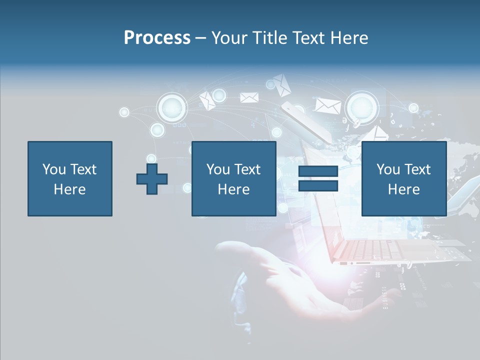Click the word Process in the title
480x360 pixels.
point(157,38)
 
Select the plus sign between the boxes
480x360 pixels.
point(152,178)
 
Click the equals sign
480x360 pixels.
point(318,178)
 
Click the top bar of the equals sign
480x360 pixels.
point(318,171)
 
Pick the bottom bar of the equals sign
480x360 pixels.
point(318,186)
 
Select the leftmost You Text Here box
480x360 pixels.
point(69,178)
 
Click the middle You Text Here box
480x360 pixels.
point(233,178)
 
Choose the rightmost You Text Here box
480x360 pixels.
point(403,178)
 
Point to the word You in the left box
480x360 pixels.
point(53,169)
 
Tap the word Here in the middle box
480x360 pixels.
point(233,189)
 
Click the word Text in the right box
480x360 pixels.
point(417,169)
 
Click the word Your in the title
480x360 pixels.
point(229,38)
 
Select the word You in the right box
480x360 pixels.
point(388,169)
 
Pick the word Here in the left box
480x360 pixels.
point(69,189)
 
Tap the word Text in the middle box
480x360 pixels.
point(247,169)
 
